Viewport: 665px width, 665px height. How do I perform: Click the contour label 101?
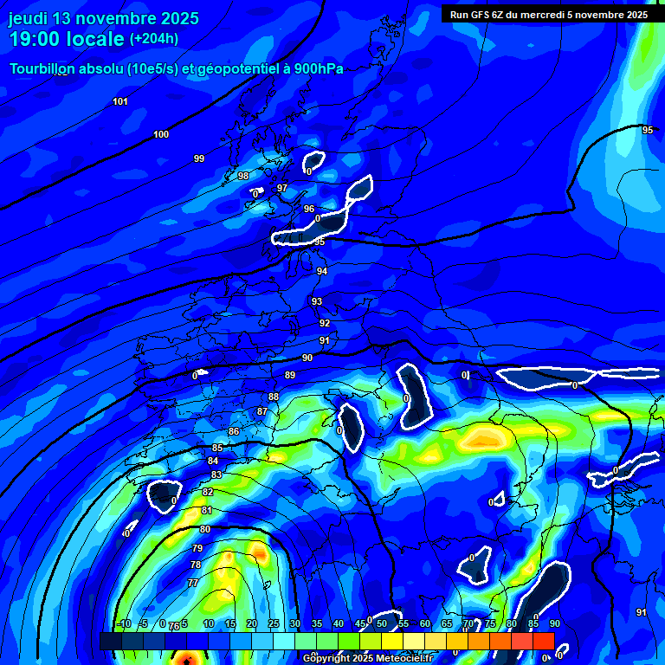coord(120,102)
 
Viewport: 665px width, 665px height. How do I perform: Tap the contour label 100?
coord(161,134)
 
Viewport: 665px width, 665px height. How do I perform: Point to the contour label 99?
coord(199,158)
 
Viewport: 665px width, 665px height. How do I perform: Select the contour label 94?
coord(322,271)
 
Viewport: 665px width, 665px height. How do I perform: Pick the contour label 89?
coord(290,375)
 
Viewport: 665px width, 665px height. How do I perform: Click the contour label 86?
coord(234,431)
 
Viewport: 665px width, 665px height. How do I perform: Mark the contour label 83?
coord(216,475)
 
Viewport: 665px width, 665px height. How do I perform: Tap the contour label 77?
coord(193,583)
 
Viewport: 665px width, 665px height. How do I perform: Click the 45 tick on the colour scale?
coord(360,624)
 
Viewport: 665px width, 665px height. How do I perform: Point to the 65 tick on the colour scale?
coord(447,624)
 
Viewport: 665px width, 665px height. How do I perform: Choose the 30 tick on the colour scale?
coord(295,624)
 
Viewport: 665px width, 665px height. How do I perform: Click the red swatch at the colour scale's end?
coord(543,641)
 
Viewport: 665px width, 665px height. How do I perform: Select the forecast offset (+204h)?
coord(154,38)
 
